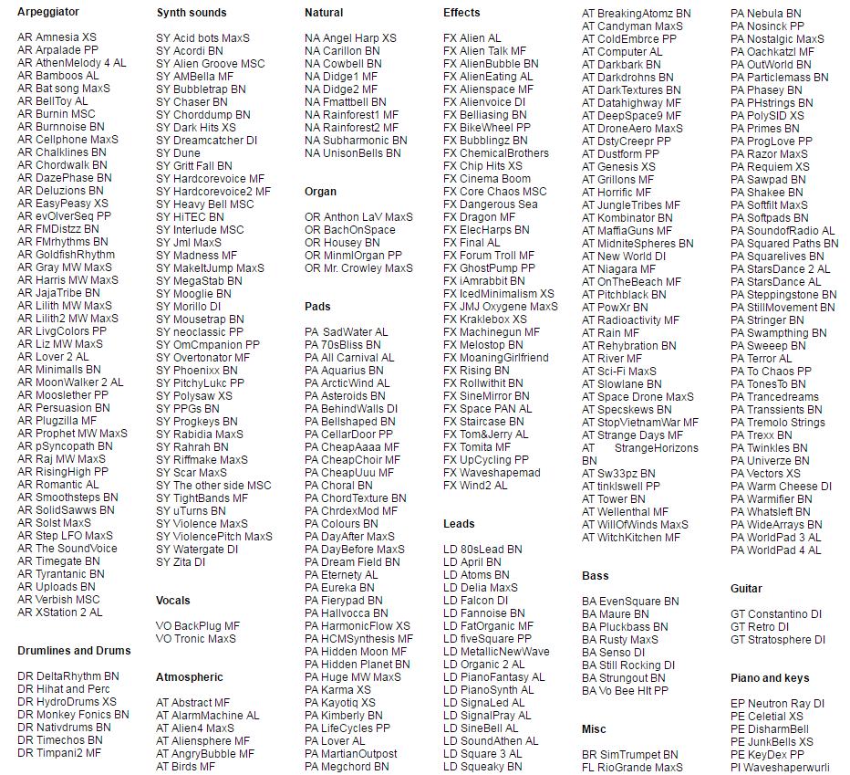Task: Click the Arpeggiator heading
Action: [x=47, y=12]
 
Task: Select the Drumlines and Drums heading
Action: [x=74, y=651]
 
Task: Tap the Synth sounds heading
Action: [x=192, y=13]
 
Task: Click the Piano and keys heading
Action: [x=770, y=678]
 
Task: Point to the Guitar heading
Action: [x=747, y=589]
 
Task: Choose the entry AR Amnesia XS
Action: [x=57, y=37]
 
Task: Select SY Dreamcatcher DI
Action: [x=206, y=141]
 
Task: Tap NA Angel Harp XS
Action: [x=350, y=38]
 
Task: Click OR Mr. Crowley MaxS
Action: [x=358, y=268]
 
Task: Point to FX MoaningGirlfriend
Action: [x=496, y=358]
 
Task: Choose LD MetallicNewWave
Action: [x=496, y=652]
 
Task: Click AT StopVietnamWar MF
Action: [x=640, y=423]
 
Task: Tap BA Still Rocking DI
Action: [x=628, y=665]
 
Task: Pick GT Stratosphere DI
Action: [x=776, y=640]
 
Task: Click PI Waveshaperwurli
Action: [x=780, y=768]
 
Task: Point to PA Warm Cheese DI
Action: [x=781, y=487]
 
